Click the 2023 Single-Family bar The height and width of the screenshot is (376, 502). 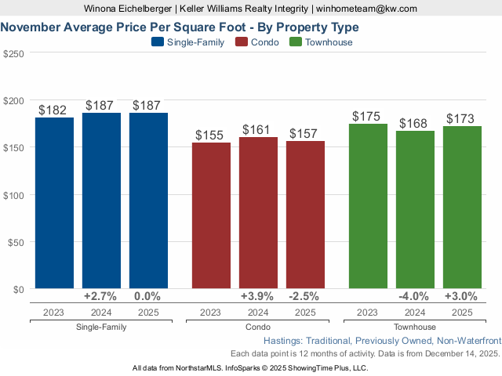54,203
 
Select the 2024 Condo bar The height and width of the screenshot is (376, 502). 258,212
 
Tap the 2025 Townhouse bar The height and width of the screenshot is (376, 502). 462,207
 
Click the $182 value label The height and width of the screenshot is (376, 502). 54,110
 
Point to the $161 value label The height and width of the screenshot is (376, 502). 258,129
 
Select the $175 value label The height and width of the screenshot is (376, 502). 366,116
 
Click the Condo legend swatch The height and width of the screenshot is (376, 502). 242,42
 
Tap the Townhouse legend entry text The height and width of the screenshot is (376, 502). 328,42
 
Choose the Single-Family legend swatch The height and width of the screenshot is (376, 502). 157,42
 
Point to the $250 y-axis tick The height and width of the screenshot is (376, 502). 14,53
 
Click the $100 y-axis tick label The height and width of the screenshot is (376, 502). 14,195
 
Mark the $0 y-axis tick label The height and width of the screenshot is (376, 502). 19,289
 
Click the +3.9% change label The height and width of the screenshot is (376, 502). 258,296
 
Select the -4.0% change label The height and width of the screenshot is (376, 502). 415,296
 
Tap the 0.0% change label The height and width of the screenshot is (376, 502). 147,296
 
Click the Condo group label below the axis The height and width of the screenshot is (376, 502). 258,327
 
